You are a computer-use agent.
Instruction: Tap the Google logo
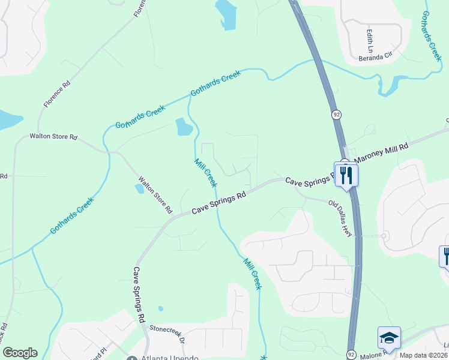point(20,353)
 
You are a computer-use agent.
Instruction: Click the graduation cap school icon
point(388,338)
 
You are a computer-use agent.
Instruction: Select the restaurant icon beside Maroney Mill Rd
point(346,175)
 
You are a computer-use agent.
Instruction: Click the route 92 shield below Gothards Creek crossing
point(337,114)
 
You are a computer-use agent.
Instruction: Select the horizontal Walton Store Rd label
point(54,137)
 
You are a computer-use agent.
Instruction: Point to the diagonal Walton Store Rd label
point(155,195)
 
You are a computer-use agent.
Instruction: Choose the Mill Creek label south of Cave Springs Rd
point(253,274)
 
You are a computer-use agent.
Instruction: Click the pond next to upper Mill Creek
point(184,127)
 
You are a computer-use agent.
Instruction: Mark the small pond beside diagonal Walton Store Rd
point(140,188)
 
